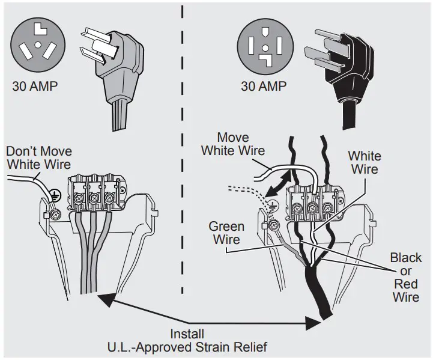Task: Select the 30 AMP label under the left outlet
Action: click(35, 87)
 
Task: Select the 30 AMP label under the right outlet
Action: click(264, 87)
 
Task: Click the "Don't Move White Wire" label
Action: click(38, 158)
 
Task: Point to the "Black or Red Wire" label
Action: click(406, 277)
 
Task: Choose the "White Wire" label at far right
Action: click(365, 162)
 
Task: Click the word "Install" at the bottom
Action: click(187, 334)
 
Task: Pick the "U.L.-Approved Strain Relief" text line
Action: click(187, 347)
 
